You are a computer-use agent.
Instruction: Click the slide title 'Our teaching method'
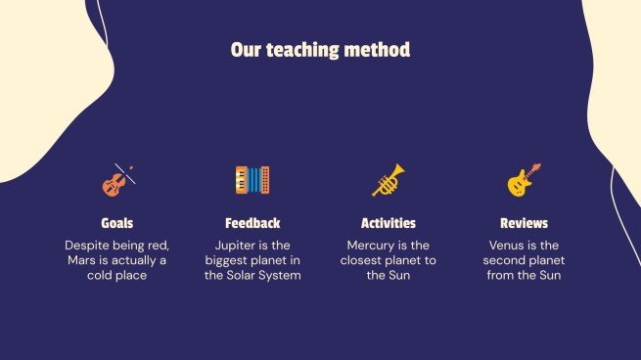(x=320, y=49)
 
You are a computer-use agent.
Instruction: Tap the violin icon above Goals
(x=117, y=180)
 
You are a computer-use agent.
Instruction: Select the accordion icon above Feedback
(x=252, y=179)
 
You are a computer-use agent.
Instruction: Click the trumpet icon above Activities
(x=388, y=180)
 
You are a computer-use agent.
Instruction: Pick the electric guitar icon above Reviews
(x=524, y=180)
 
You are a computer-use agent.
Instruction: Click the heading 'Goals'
(x=117, y=223)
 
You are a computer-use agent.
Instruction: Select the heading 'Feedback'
(x=252, y=223)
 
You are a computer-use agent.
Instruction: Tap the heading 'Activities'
(x=389, y=223)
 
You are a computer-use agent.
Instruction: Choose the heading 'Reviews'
(x=524, y=223)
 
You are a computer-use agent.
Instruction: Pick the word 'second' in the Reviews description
(x=510, y=260)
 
